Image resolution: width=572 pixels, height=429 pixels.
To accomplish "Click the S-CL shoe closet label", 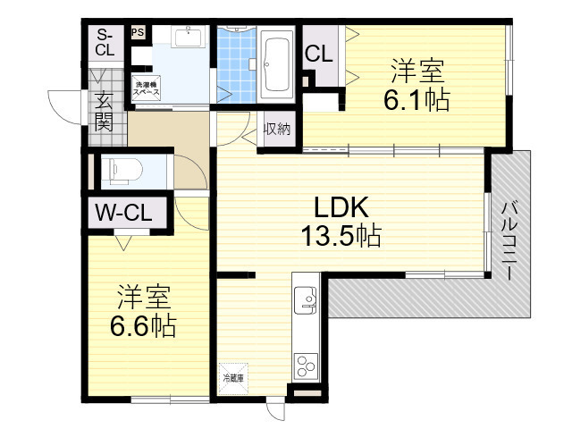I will (x=105, y=42).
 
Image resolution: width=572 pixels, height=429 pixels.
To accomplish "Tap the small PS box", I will (x=138, y=32).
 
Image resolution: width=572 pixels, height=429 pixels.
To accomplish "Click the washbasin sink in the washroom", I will (x=188, y=38).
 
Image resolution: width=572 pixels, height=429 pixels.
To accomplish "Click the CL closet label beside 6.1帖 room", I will (x=319, y=54).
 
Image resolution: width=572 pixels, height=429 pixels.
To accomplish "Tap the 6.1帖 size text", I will (x=416, y=99).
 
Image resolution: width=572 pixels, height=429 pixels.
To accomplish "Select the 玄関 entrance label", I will (x=105, y=112).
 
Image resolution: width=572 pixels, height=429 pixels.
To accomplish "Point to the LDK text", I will (x=341, y=207).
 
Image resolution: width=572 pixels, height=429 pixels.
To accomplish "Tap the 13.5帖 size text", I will (x=341, y=237).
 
